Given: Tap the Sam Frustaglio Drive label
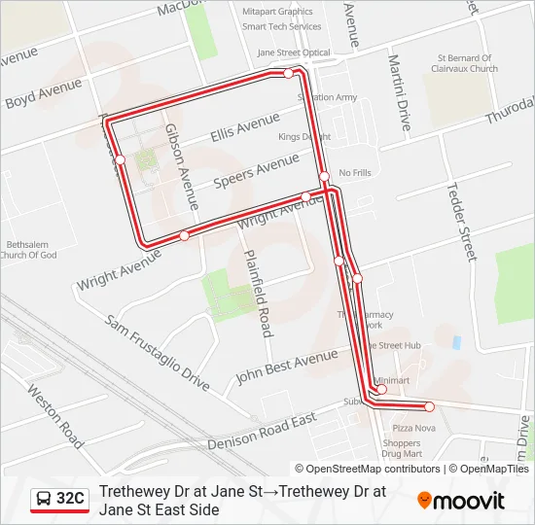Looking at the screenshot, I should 158,352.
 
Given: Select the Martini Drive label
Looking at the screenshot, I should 400,93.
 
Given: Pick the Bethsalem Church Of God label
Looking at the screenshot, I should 31,250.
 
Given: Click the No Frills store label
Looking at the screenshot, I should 355,173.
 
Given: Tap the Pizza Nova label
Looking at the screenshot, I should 413,428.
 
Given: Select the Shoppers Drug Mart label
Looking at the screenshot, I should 402,448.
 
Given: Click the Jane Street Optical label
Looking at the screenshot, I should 294,52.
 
